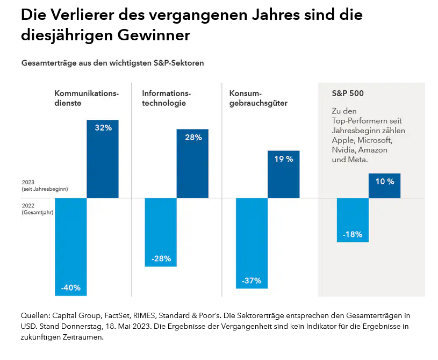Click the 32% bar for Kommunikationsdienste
pos(103,159)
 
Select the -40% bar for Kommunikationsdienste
pos(70,247)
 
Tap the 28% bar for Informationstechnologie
pos(192,163)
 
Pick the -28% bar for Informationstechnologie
pos(161,232)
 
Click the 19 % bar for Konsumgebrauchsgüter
pos(284,174)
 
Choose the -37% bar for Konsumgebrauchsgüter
pos(252,243)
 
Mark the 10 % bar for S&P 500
pos(384,185)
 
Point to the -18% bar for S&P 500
pos(353,220)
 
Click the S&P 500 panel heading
pos(348,93)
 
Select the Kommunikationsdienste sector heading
pos(87,98)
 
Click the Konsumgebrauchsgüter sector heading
pos(258,98)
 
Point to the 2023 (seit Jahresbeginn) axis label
pos(45,186)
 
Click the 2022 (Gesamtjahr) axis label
pos(38,208)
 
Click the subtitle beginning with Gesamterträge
pos(112,63)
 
